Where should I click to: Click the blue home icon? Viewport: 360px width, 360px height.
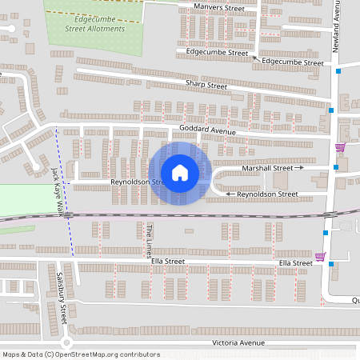pos(179,172)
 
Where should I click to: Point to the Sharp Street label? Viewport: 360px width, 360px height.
pos(206,85)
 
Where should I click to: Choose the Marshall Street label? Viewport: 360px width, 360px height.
pos(267,169)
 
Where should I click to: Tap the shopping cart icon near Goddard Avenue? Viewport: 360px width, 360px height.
pos(341,147)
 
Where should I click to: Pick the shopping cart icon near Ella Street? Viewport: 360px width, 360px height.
pos(321,257)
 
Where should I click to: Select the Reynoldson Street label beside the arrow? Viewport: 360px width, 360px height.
pos(268,194)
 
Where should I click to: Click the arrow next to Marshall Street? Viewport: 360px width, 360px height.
pos(300,169)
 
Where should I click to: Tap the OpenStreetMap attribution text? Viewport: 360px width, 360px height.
pos(81,354)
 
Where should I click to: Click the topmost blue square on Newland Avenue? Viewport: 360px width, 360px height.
pos(339,72)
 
